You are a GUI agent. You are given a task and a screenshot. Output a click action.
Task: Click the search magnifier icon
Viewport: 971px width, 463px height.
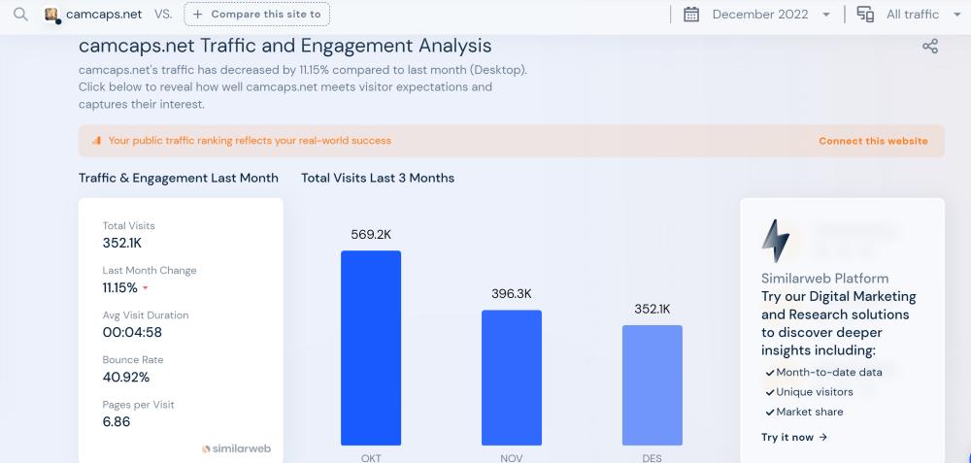pyautogui.click(x=20, y=15)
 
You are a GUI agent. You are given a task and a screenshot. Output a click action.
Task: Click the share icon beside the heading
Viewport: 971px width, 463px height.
pyautogui.click(x=929, y=47)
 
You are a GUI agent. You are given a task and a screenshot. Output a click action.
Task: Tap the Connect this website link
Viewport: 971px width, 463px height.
pyautogui.click(x=873, y=141)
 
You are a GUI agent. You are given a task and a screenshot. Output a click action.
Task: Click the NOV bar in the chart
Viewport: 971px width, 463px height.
pyautogui.click(x=512, y=378)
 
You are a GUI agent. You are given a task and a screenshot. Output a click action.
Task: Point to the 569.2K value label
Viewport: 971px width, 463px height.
pyautogui.click(x=371, y=234)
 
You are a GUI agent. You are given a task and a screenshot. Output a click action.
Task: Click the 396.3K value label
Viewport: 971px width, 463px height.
pyautogui.click(x=512, y=293)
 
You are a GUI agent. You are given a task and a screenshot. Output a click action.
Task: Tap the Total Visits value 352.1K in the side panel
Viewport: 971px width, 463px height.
pyautogui.click(x=122, y=243)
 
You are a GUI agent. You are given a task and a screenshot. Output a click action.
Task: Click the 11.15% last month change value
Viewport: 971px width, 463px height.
pyautogui.click(x=120, y=287)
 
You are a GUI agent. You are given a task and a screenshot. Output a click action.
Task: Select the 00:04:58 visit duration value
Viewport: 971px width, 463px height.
pyautogui.click(x=132, y=332)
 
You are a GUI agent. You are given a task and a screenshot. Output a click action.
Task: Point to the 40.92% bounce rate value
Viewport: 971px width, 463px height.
pyautogui.click(x=126, y=377)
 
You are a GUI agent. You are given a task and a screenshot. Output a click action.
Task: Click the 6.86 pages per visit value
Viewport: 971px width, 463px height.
pyautogui.click(x=117, y=421)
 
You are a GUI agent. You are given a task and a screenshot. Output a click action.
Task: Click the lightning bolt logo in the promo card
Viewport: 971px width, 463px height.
pyautogui.click(x=775, y=241)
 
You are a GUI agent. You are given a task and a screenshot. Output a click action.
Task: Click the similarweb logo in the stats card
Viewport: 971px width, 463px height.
pyautogui.click(x=236, y=449)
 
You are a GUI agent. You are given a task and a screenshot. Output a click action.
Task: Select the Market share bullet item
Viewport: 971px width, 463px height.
pyautogui.click(x=809, y=412)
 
